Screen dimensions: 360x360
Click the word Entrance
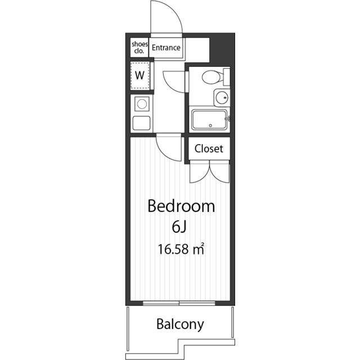166,48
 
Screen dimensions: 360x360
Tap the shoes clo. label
139,47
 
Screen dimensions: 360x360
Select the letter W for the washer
140,75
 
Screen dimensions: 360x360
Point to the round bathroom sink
222,97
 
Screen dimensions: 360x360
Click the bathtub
209,119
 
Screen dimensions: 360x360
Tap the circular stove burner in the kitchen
142,104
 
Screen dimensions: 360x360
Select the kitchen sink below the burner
142,123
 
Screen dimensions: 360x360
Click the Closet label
209,148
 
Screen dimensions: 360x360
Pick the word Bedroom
181,206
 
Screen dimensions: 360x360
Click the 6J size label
179,227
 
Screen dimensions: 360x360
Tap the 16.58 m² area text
181,249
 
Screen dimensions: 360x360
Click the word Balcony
180,325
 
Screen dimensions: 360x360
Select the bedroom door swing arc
164,154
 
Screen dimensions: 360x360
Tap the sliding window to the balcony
179,303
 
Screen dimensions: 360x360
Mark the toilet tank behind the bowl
226,76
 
